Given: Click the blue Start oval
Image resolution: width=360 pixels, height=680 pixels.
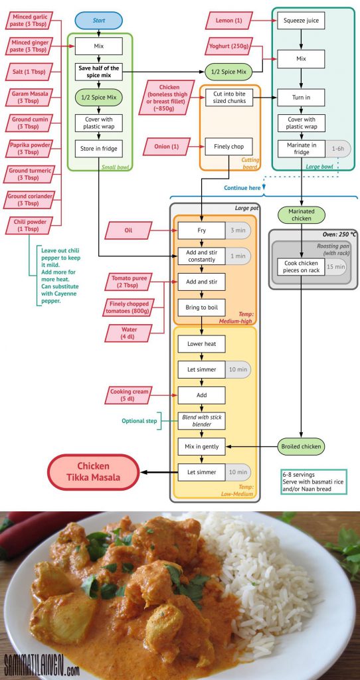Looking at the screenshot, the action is (99, 21).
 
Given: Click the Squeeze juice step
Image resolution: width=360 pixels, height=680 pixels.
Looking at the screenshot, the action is (301, 20).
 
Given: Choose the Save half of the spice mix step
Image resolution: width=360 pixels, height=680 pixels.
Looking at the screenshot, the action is (98, 72).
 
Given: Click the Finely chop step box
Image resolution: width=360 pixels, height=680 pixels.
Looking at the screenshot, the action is (228, 147).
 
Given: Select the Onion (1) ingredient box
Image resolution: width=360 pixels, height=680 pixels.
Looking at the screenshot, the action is (166, 147).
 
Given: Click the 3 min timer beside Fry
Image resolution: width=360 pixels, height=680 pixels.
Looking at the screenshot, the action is (238, 230).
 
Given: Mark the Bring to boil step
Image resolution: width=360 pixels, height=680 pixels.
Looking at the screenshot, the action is (202, 307).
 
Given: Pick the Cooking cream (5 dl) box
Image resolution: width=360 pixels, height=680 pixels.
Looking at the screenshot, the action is (130, 394).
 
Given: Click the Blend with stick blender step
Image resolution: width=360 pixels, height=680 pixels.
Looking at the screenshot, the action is (202, 420).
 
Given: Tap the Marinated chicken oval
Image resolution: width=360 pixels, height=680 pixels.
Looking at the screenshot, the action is (301, 215).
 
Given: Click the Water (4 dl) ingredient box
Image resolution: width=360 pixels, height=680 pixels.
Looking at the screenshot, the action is (130, 333).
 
